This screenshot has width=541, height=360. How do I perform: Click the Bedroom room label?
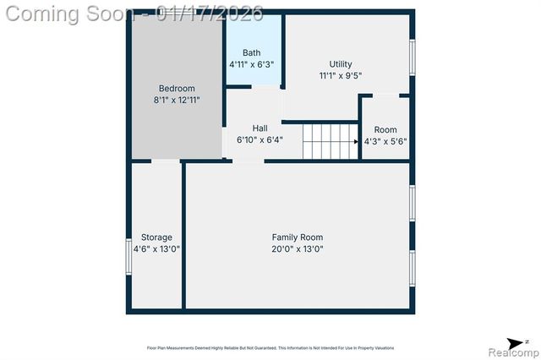click(177, 89)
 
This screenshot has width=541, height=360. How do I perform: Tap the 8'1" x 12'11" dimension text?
click(177, 101)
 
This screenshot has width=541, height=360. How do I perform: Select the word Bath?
click(251, 52)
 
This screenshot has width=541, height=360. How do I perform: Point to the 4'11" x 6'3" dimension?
click(251, 64)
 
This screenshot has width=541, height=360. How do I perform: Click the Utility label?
click(341, 64)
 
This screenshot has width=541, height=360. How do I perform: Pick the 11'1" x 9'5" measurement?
click(341, 76)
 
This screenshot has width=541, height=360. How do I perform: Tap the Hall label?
click(260, 128)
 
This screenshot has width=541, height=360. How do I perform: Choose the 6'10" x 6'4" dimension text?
click(260, 140)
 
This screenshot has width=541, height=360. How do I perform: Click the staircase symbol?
click(330, 140)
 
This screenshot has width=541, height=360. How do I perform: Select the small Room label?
click(385, 129)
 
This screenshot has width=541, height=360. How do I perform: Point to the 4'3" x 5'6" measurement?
click(385, 141)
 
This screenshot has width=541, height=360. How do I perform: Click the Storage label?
click(156, 237)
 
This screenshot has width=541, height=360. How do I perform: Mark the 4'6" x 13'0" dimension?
click(156, 249)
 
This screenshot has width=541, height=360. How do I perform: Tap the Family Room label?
click(297, 237)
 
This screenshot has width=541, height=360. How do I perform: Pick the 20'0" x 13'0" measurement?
click(297, 249)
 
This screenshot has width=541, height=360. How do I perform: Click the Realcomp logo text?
click(508, 351)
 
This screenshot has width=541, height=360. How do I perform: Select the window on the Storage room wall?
click(128, 254)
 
